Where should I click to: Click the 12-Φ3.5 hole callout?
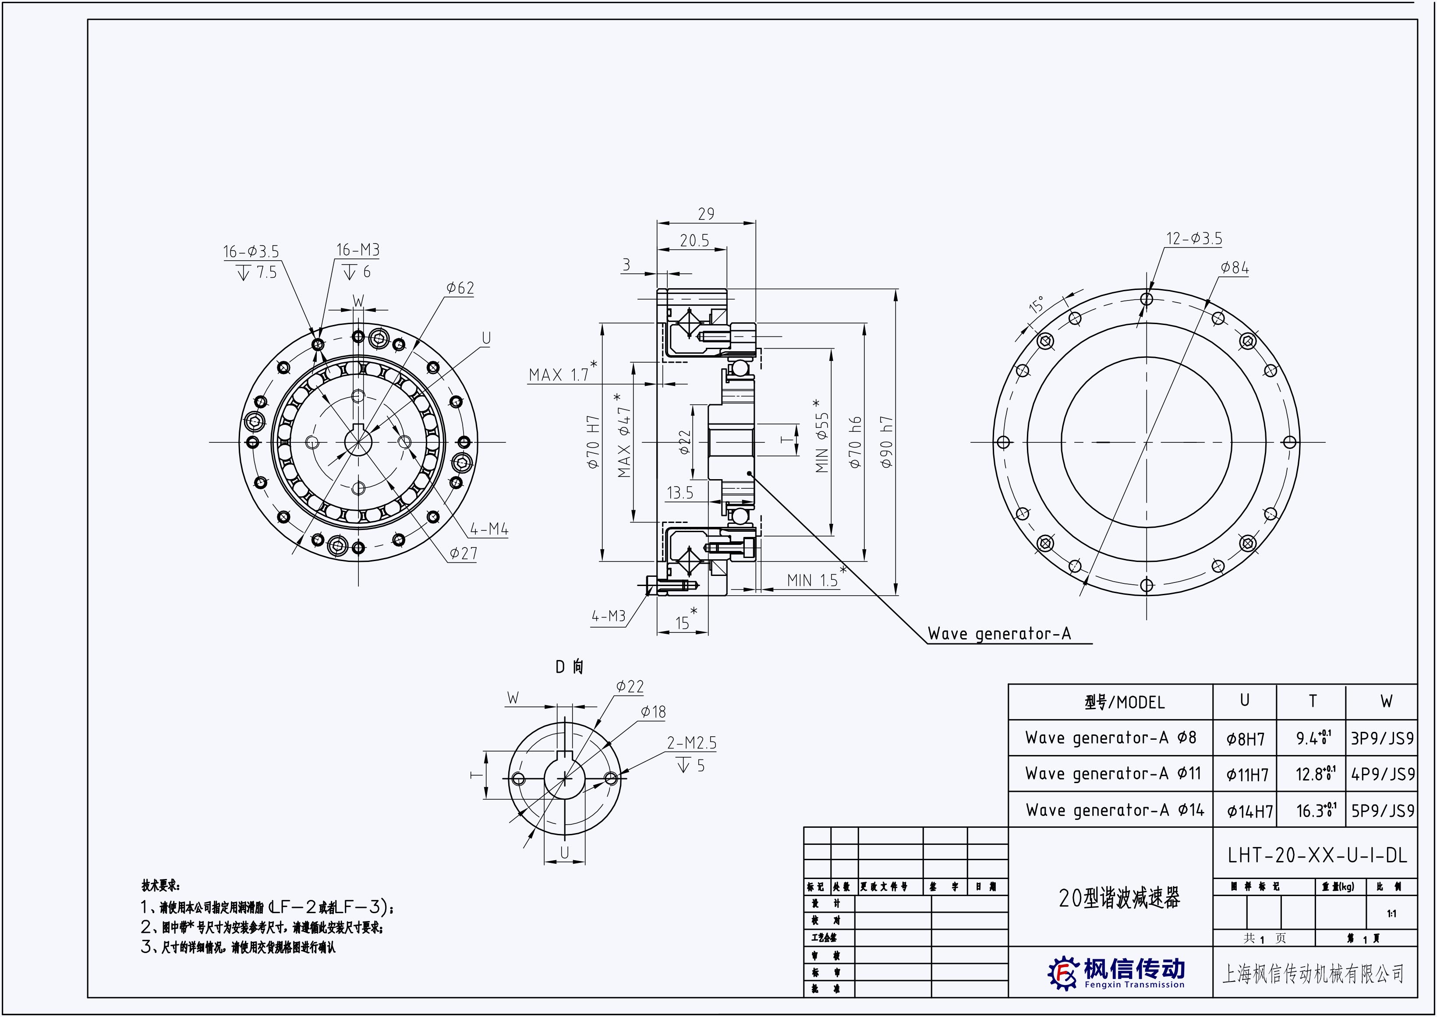1193,239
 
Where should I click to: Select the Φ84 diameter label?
1234,268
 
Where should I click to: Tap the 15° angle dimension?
1037,305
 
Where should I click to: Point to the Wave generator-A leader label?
999,634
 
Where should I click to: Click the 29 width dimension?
705,214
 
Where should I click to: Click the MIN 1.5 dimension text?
812,580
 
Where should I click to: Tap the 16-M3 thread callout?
357,250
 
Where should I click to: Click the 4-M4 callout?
489,529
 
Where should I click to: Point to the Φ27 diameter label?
463,553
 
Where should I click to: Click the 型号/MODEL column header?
1125,703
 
